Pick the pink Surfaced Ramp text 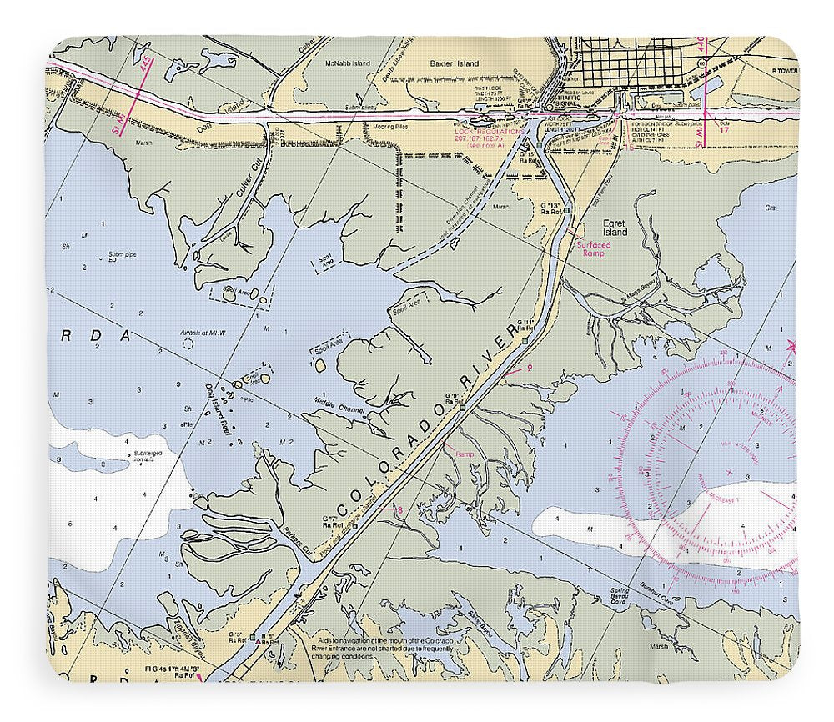tap(590, 248)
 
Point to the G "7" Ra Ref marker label tap(334, 523)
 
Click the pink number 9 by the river tap(530, 367)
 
